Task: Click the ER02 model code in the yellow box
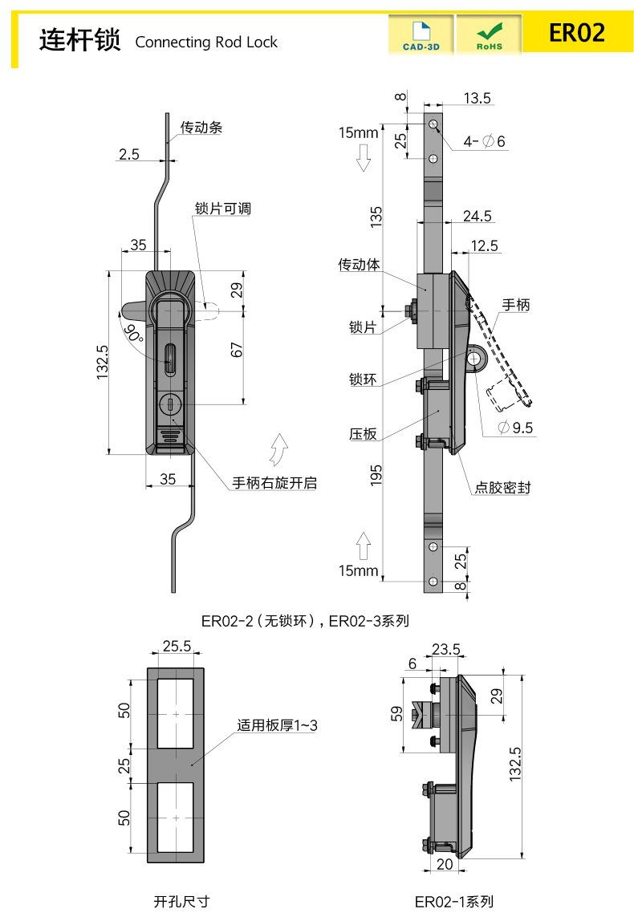pos(576,33)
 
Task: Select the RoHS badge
pos(489,35)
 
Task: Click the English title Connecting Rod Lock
pos(206,43)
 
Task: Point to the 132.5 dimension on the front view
pos(102,363)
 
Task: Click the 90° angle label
pos(133,331)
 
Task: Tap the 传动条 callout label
pos(201,127)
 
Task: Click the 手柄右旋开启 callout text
pos(274,482)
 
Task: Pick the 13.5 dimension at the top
pos(477,98)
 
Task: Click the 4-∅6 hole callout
pos(484,142)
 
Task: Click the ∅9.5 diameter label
pos(515,428)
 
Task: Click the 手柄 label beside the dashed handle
pos(516,305)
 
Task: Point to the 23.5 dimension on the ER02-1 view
pos(445,649)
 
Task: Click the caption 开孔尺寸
pos(181,901)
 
